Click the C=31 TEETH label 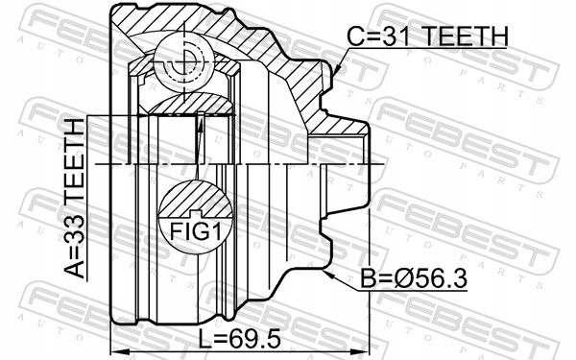(x=427, y=37)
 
